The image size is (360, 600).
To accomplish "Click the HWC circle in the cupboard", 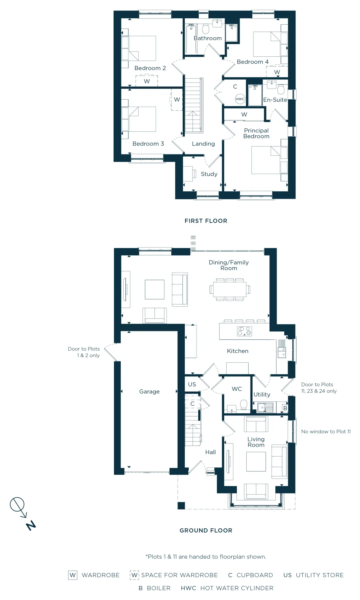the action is click(x=240, y=99).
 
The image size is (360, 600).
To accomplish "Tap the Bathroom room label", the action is click(x=208, y=38).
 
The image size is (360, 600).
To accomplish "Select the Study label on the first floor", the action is click(x=209, y=174).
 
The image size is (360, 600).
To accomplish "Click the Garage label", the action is click(x=149, y=391).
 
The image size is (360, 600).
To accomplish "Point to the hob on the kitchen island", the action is click(x=244, y=331).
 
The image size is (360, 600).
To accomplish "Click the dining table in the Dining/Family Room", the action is click(x=230, y=289).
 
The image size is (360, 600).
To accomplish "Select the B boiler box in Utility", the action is click(x=285, y=408).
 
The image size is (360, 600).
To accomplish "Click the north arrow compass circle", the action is click(x=17, y=504).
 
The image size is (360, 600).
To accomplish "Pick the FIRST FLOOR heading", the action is click(x=206, y=221).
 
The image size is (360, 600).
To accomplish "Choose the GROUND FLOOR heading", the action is click(x=206, y=530).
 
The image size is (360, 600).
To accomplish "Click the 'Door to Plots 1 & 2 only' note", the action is click(x=84, y=352).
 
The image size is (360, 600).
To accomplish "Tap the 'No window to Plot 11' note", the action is click(x=326, y=431).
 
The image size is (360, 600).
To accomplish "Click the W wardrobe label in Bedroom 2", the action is click(x=147, y=81).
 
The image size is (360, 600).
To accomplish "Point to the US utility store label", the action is click(x=192, y=384).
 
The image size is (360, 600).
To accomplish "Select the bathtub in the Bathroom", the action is click(x=191, y=40).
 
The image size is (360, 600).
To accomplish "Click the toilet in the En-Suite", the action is click(x=281, y=89).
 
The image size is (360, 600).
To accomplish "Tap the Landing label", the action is click(x=203, y=144).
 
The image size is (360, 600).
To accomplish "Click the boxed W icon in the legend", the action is click(x=73, y=575).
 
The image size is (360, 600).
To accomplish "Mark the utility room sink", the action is click(x=265, y=407).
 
